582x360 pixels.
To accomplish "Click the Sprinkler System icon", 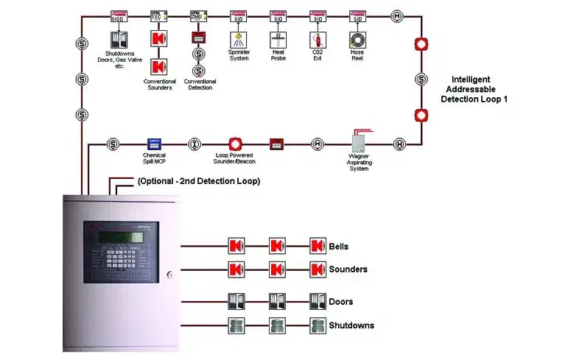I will [x=238, y=38].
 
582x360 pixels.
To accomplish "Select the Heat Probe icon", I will [x=278, y=38].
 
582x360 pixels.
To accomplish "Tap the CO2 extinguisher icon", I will [x=318, y=38].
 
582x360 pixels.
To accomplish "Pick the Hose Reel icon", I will [x=357, y=38].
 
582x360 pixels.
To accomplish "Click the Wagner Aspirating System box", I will [x=359, y=141].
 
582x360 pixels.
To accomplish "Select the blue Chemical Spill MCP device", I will [x=155, y=143].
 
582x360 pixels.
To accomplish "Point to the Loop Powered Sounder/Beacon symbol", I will [x=235, y=143].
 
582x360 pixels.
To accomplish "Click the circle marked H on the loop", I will [x=399, y=144].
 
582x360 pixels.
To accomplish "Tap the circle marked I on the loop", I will [x=194, y=144].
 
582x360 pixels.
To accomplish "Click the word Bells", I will [x=339, y=247].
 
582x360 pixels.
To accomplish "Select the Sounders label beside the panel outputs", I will [x=348, y=269].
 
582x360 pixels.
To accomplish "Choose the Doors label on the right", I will [x=340, y=302].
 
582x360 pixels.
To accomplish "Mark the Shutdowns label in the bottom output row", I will [x=351, y=325].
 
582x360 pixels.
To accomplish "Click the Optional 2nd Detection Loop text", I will [x=198, y=181].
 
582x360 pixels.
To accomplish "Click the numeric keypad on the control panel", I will [x=118, y=258].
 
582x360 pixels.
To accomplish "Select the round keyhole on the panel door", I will [x=169, y=275].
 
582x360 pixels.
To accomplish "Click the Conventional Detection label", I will [x=198, y=84].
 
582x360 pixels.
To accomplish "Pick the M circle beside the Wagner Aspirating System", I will [x=318, y=144].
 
